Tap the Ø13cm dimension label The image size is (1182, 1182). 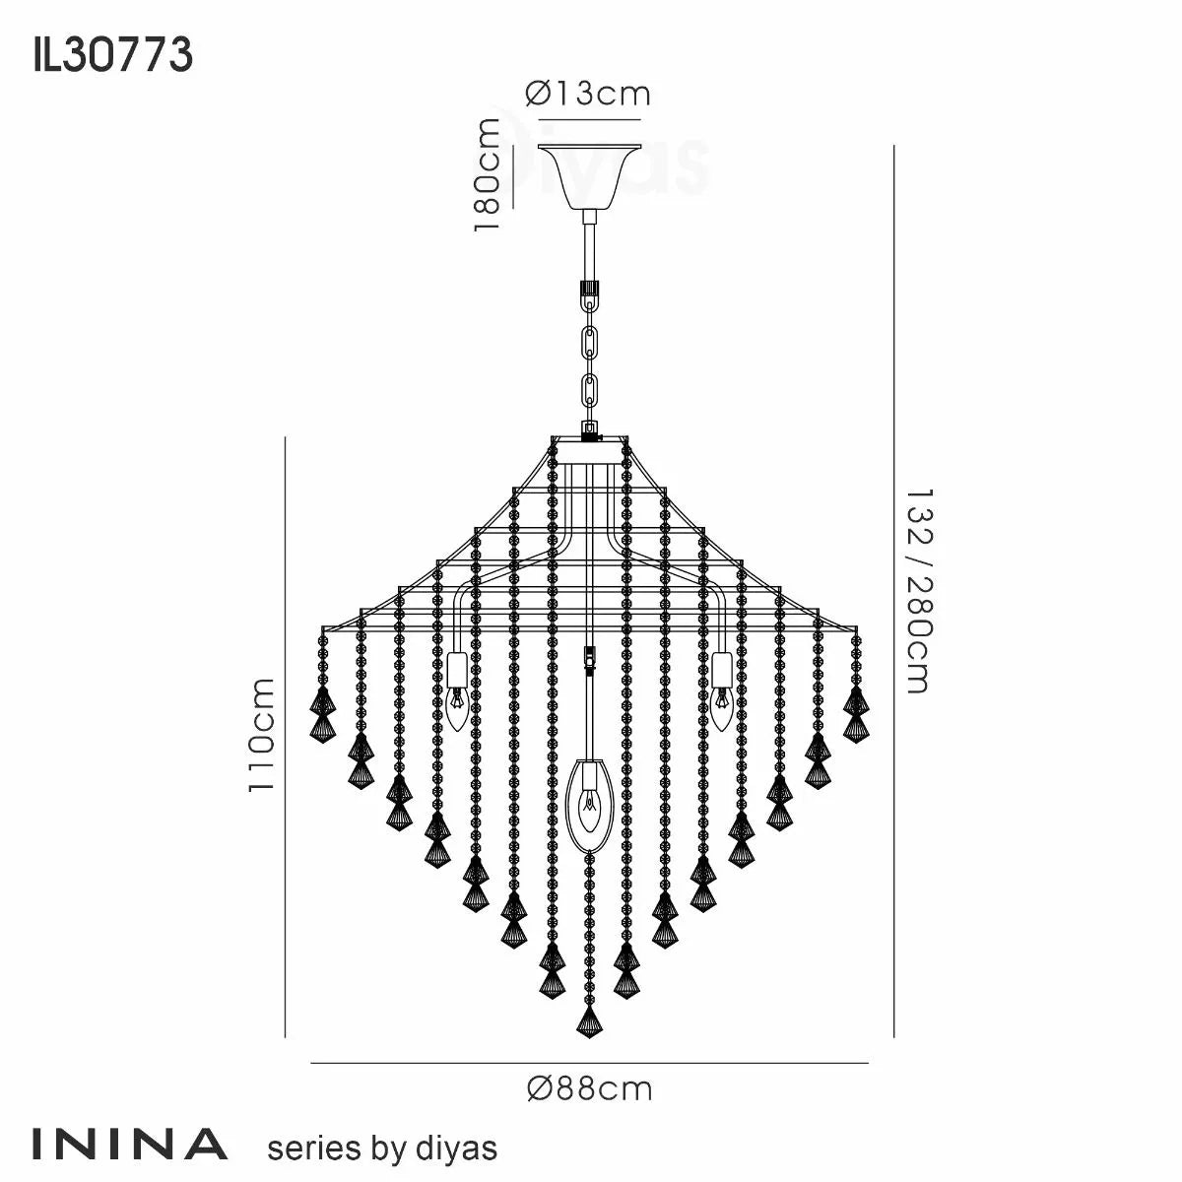click(x=588, y=94)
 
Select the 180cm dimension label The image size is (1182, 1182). click(x=489, y=174)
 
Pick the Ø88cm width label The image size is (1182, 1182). click(x=589, y=1088)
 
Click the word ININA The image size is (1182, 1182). click(x=130, y=1145)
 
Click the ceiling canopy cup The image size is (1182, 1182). click(x=588, y=177)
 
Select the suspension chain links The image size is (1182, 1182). click(x=590, y=355)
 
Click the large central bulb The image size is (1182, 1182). click(x=589, y=803)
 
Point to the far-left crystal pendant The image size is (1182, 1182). click(x=322, y=714)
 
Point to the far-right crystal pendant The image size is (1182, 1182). click(x=856, y=714)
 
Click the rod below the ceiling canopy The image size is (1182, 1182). click(x=589, y=246)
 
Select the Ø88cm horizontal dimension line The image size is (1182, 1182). click(x=589, y=1064)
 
